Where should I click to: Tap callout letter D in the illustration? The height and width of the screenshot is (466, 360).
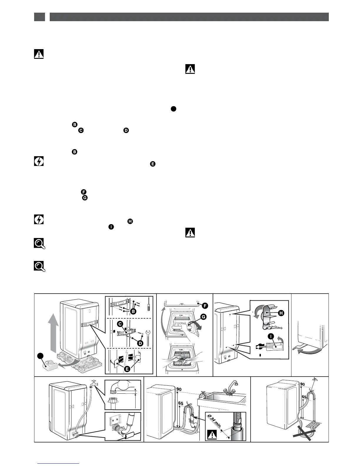[141, 343]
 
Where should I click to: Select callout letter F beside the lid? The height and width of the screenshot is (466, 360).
[205, 306]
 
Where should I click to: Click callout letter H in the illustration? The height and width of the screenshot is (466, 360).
[281, 313]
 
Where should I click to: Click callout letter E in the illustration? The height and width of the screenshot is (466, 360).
[127, 369]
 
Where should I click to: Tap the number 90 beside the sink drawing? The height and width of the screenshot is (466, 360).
[179, 389]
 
